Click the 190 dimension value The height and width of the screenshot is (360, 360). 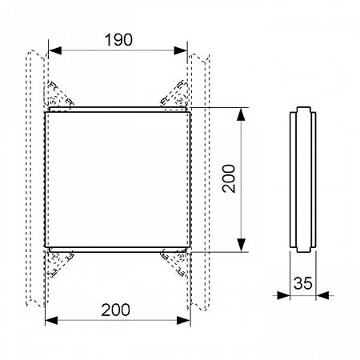click(x=118, y=40)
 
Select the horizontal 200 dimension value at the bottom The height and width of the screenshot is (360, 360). click(x=115, y=310)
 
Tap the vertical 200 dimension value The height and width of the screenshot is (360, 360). click(x=229, y=178)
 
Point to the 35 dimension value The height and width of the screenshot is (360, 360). click(x=302, y=283)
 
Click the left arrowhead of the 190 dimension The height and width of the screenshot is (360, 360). click(x=55, y=50)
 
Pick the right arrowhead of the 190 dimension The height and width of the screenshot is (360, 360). click(x=181, y=50)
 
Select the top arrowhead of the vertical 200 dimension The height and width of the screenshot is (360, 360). click(x=241, y=114)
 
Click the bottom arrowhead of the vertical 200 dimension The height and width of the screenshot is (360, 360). click(x=241, y=245)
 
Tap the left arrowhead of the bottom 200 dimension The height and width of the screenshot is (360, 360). click(x=51, y=320)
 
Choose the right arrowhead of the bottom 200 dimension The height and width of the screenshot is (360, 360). click(x=184, y=320)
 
